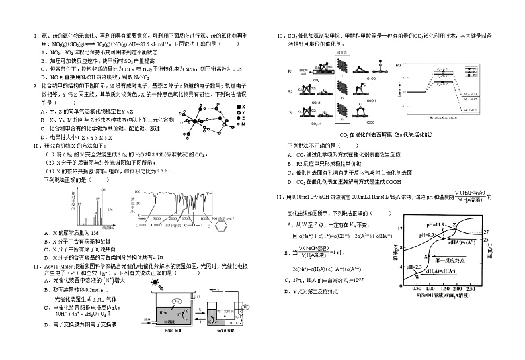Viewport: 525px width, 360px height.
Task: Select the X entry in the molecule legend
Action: (x=242, y=106)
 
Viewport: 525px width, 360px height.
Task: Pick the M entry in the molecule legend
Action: (x=242, y=126)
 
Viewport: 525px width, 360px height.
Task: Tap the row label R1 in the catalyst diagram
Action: (x=290, y=71)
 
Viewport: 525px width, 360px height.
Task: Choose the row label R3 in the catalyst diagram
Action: (x=290, y=112)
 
